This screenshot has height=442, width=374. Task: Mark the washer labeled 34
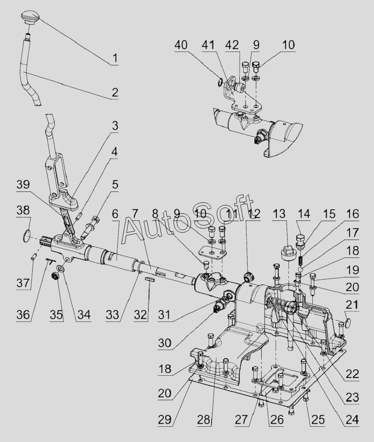61,268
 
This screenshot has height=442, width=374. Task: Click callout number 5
114,184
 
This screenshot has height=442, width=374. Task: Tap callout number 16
353,214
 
